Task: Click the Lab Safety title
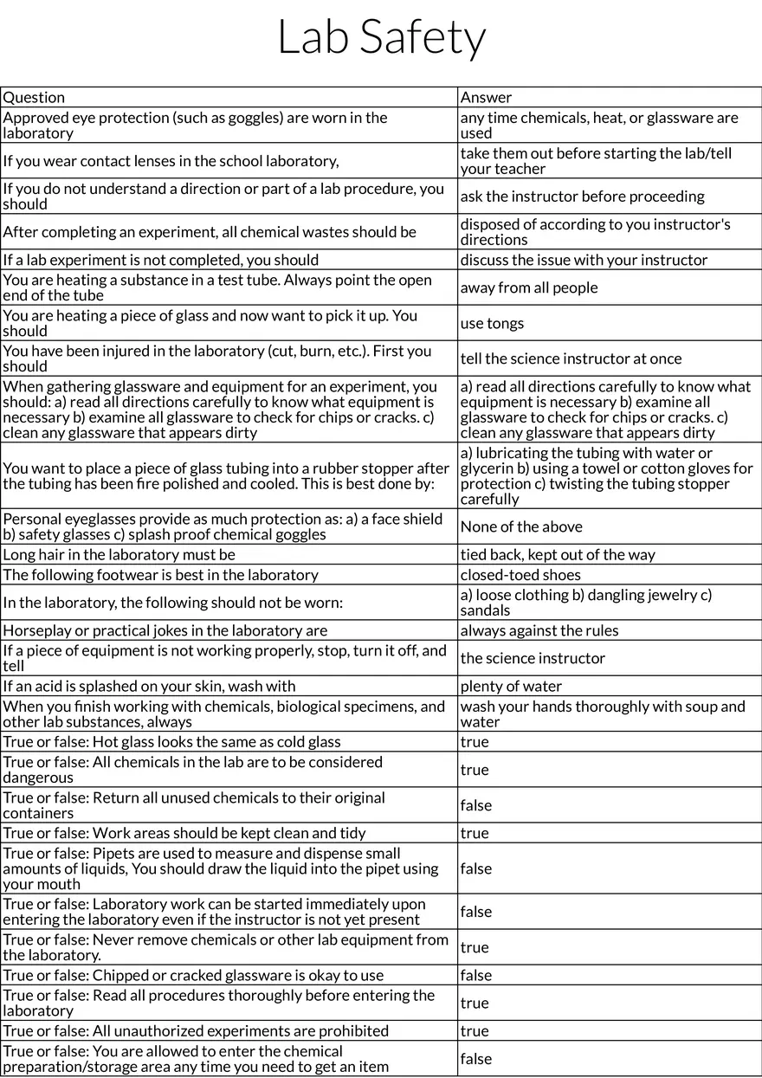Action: point(381,38)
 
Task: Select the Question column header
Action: point(34,97)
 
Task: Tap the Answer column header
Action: point(486,97)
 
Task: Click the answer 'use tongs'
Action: point(492,323)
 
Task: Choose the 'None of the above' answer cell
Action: point(521,526)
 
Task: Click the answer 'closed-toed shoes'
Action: point(520,575)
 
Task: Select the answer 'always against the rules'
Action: point(539,630)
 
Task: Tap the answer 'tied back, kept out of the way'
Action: point(558,554)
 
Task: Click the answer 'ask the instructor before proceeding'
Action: point(583,197)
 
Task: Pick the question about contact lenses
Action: point(171,161)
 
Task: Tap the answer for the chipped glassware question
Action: point(475,975)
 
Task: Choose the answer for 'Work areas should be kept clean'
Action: point(475,833)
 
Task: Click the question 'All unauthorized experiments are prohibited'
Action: point(196,1030)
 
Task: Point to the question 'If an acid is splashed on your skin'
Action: point(149,686)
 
